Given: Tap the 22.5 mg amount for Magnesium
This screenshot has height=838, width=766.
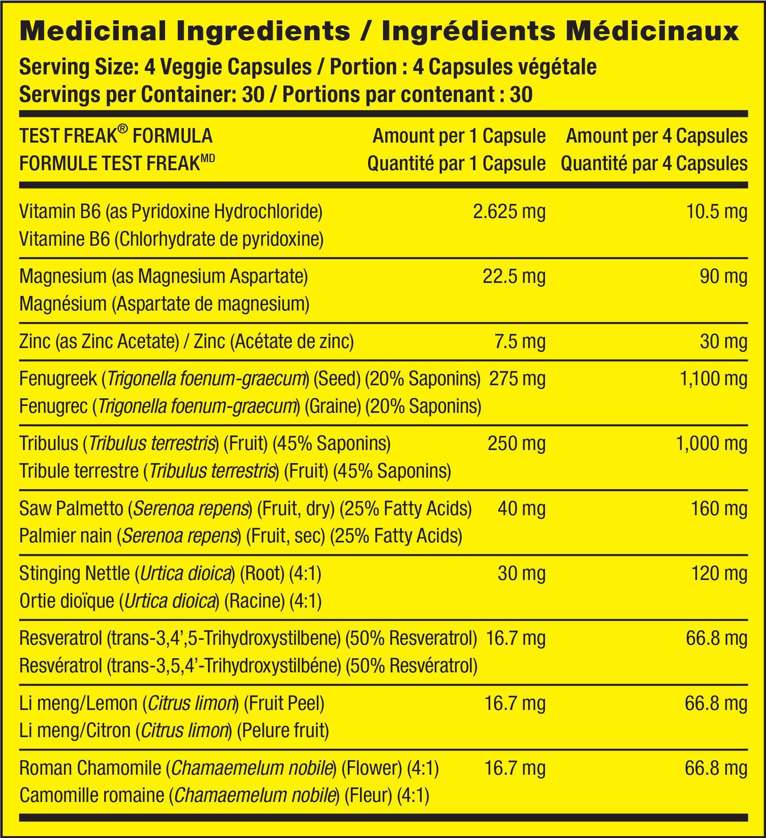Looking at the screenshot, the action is click(514, 277).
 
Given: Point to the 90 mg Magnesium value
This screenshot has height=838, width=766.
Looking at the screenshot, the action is click(723, 277).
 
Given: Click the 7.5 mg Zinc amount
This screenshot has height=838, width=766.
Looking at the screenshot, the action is click(520, 341).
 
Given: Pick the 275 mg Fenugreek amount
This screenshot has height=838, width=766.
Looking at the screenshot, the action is click(517, 379).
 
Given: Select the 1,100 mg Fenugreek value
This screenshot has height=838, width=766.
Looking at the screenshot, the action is click(713, 379).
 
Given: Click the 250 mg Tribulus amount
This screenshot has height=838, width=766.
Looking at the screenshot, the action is click(516, 444).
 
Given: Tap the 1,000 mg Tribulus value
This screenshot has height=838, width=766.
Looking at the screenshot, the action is click(712, 444).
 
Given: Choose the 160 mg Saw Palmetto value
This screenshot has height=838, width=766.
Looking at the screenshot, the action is click(719, 509).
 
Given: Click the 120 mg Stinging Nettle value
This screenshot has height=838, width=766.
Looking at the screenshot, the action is click(719, 573).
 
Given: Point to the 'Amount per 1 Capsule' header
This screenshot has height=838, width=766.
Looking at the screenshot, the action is click(459, 136).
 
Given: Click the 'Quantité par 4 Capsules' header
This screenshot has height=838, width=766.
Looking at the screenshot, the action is click(654, 164).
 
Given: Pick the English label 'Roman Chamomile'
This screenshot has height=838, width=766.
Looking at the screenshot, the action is click(90, 768).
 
